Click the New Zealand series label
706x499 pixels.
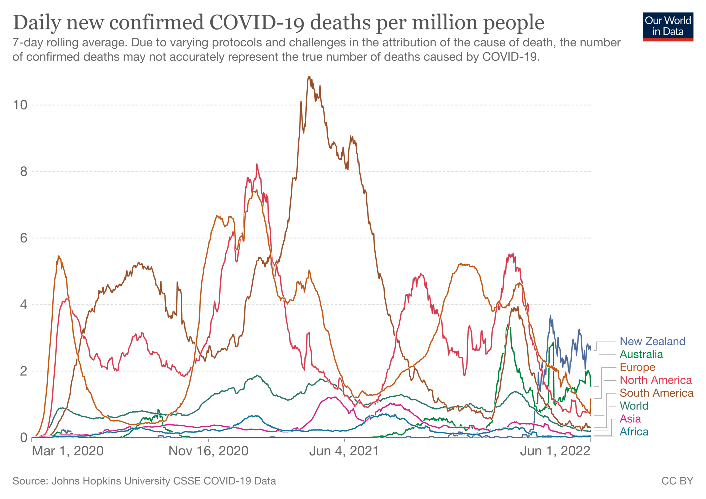coord(652,341)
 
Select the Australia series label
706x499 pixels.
coord(641,354)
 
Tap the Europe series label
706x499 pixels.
coord(637,367)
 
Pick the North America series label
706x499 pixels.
coord(656,380)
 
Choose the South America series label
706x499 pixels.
coord(656,393)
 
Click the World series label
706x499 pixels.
coord(634,406)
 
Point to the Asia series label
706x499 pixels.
coord(630,419)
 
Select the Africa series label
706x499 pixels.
coord(634,432)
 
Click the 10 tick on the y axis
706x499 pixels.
coord(20,105)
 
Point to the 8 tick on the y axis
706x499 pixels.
coord(24,172)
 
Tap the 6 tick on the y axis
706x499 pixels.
coord(24,238)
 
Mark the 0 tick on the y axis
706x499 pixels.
coord(24,438)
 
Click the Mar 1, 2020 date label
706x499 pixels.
coord(68,451)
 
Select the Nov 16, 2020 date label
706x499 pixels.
coord(208,451)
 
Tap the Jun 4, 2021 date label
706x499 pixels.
coord(344,451)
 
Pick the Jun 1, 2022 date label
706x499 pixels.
coord(555,451)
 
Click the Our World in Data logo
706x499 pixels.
coord(668,27)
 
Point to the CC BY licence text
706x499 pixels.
coord(677,481)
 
